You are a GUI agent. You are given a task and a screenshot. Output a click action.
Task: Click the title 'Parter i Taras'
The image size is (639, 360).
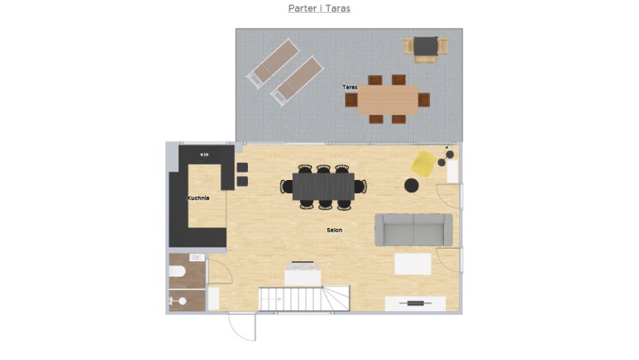point(319,8)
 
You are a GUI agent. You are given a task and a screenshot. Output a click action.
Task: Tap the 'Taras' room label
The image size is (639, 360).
point(349,88)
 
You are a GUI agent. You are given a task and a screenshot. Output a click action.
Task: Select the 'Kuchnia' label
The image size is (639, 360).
point(198,198)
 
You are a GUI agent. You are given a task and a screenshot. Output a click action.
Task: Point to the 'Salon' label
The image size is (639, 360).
point(334,230)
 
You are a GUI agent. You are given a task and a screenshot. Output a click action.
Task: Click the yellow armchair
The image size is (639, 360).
point(423,163)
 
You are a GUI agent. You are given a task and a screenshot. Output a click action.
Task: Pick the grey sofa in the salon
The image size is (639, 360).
point(414,229)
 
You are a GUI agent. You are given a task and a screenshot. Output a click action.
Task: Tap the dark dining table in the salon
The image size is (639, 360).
point(324,187)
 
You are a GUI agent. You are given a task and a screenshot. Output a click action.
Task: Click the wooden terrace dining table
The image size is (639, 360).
point(388,100)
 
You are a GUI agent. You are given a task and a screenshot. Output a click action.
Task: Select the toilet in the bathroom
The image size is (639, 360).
point(177,271)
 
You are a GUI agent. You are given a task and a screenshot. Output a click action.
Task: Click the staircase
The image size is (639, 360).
point(304,298)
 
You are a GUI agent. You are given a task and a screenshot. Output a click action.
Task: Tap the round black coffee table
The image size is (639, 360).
point(412,185)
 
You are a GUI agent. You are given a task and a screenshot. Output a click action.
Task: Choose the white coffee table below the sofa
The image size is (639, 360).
point(413,264)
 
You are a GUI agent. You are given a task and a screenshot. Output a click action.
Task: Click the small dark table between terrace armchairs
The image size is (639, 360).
point(426,46)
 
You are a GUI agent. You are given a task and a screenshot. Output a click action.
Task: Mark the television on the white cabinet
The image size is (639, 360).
point(415,303)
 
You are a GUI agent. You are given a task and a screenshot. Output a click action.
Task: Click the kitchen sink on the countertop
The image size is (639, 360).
point(204,155)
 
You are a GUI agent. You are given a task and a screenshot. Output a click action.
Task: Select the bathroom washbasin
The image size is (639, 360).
point(197,257)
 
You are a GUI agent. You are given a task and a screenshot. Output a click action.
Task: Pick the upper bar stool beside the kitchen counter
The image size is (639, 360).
point(242,167)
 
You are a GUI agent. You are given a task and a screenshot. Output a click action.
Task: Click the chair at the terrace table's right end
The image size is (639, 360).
point(424,100)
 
